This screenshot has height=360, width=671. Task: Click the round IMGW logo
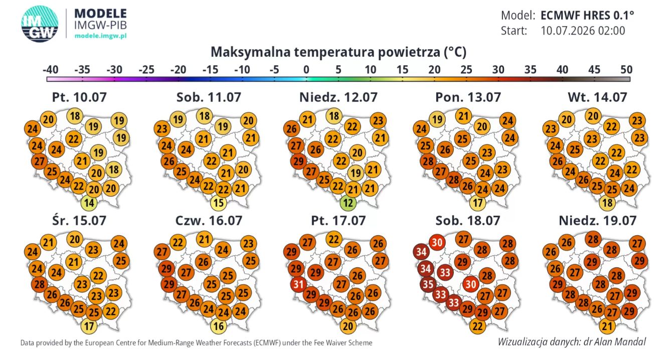(x=40, y=24)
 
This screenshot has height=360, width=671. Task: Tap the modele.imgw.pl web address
(x=100, y=36)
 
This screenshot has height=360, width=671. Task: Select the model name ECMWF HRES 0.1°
(x=587, y=15)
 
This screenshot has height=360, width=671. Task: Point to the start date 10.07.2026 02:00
(x=583, y=31)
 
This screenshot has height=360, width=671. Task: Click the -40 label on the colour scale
(x=50, y=70)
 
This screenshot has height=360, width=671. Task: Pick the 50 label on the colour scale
(x=626, y=70)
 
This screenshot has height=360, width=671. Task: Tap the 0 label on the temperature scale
(x=306, y=70)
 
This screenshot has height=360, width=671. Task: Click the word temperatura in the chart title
(x=334, y=52)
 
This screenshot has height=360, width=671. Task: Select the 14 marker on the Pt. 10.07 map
(x=89, y=203)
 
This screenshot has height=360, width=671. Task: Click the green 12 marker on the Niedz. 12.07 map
(x=348, y=203)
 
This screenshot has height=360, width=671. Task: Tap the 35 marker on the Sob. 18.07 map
(x=428, y=284)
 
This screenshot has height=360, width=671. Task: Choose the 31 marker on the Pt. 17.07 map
(x=298, y=284)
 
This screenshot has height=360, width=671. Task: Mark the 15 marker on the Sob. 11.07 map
(x=219, y=203)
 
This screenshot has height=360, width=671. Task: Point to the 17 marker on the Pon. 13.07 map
(x=478, y=203)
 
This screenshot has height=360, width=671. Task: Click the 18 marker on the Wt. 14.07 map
(x=607, y=203)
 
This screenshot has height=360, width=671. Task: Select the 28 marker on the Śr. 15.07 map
(x=40, y=284)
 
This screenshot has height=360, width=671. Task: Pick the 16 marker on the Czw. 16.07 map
(x=219, y=326)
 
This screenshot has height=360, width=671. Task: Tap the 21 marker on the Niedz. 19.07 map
(x=607, y=326)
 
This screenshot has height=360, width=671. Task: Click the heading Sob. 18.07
(x=468, y=221)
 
